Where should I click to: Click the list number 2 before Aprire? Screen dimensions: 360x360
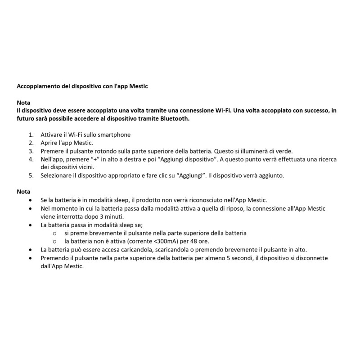point(31,143)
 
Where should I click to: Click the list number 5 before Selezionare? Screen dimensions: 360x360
point(31,175)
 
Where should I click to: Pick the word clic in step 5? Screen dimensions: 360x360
point(167,175)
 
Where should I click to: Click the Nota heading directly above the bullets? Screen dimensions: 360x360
point(23,192)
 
